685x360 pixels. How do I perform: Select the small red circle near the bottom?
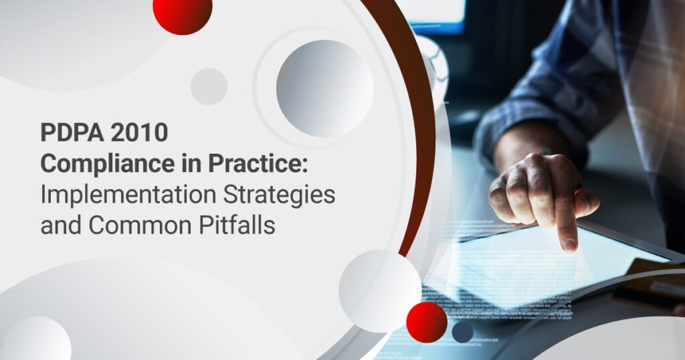tap(426, 322)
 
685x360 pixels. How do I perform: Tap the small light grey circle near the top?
tap(209, 86)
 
